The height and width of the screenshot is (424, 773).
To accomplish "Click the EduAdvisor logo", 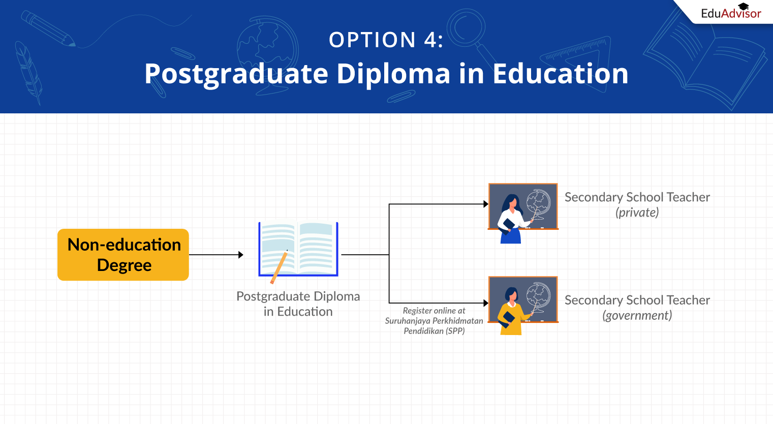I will (731, 12).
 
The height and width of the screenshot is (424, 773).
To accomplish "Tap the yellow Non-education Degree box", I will (123, 255).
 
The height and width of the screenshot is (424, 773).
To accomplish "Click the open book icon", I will (298, 249).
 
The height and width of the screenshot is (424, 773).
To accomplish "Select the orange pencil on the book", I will (279, 267).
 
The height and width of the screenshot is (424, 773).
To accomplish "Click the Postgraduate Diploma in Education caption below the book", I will (298, 304).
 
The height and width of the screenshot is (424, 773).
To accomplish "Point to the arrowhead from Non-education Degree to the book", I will (241, 255).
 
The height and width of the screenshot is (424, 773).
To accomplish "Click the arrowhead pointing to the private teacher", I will (486, 204).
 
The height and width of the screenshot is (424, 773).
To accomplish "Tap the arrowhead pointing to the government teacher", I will (486, 303).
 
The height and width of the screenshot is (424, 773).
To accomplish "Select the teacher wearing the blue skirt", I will (512, 220).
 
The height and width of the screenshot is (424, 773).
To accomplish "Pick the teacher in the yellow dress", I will (511, 312).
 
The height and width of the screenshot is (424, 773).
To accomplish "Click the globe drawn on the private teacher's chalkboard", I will (539, 202).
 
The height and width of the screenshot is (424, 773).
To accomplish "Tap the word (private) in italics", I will (637, 213).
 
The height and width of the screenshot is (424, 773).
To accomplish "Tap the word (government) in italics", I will (637, 316).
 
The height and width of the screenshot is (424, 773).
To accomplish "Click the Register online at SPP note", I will (434, 321).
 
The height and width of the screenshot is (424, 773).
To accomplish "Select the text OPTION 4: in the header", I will (386, 40).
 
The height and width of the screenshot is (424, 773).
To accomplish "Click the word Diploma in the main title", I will (393, 74).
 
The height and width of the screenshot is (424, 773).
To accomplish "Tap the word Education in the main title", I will (561, 74).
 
